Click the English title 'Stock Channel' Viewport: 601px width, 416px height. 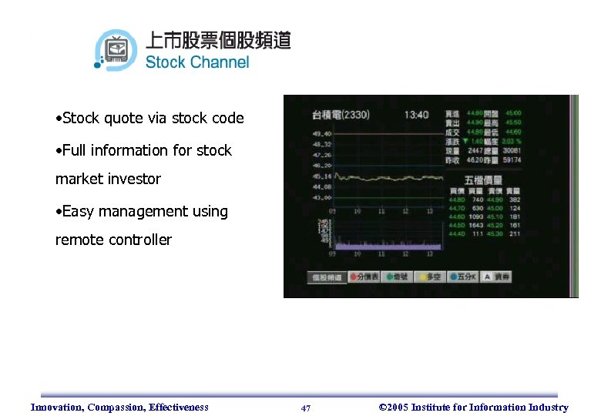(x=197, y=62)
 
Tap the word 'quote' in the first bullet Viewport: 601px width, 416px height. (x=123, y=118)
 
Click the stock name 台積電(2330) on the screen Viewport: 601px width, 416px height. (x=340, y=115)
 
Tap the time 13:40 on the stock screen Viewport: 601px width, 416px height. (x=416, y=115)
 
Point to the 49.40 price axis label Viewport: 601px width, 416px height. (x=300, y=133)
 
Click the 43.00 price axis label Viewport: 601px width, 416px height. (x=300, y=198)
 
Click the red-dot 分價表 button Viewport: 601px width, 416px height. (x=364, y=277)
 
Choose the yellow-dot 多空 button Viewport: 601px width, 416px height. (x=431, y=277)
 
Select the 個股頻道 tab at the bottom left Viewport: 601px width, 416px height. (x=327, y=277)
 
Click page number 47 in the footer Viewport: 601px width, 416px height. (x=306, y=408)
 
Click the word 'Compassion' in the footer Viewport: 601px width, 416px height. (x=118, y=408)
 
